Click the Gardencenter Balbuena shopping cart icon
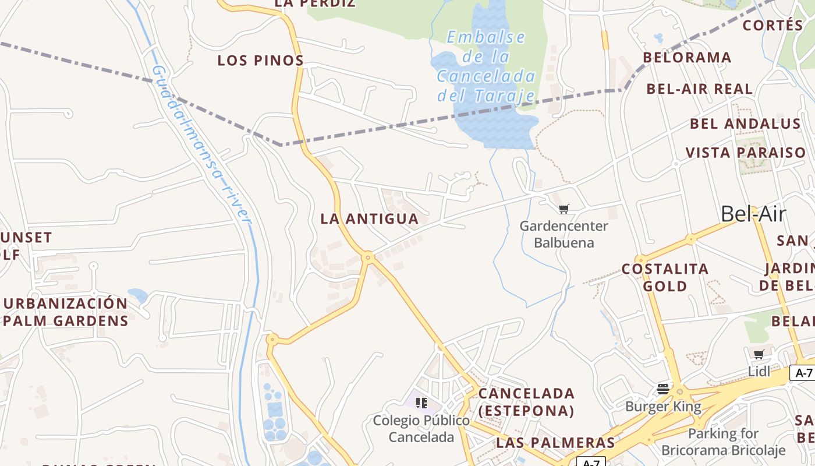(564, 209)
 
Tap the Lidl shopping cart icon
(759, 354)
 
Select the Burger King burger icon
(663, 389)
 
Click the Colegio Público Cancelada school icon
(421, 403)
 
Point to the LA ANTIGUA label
(370, 219)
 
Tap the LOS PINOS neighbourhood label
(261, 61)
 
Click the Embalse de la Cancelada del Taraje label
(486, 66)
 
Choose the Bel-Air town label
(753, 214)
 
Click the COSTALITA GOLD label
(665, 277)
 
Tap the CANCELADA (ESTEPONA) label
(526, 402)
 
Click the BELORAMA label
(687, 58)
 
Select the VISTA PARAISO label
(746, 153)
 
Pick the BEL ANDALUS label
(745, 124)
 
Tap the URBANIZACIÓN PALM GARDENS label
(65, 312)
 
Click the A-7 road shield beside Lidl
(803, 373)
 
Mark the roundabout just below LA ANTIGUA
(368, 257)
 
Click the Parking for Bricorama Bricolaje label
(724, 442)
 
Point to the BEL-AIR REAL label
(699, 89)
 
